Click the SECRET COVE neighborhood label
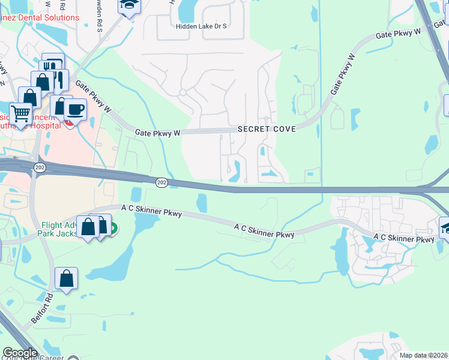click(x=267, y=130)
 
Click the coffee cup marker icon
click(x=75, y=109)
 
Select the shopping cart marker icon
click(x=20, y=112)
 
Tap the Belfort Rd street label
click(x=50, y=305)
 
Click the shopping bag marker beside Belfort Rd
click(x=66, y=278)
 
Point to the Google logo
click(x=19, y=352)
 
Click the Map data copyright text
click(x=423, y=355)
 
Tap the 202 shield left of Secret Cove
click(x=161, y=182)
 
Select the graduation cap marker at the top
click(x=128, y=5)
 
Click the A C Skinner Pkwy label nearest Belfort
click(x=151, y=210)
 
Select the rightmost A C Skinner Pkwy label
click(x=403, y=238)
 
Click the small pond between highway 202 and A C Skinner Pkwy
click(x=202, y=203)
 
